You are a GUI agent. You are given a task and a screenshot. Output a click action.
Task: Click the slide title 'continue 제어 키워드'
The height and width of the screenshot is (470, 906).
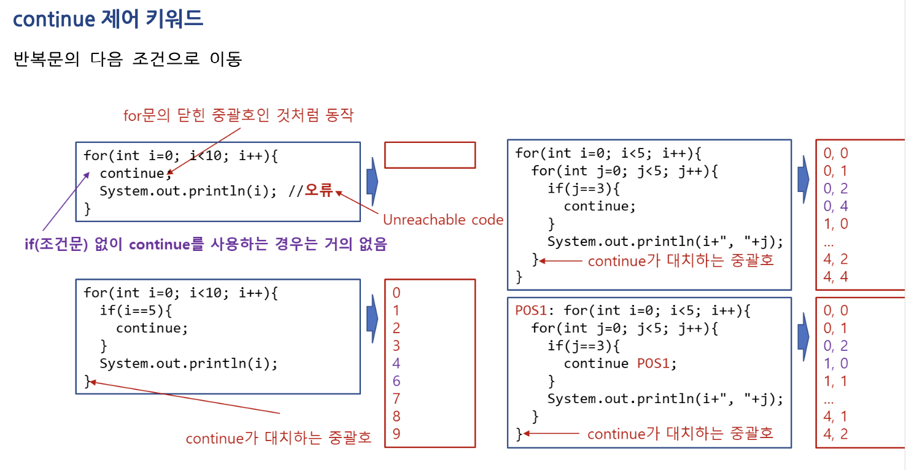coord(107,20)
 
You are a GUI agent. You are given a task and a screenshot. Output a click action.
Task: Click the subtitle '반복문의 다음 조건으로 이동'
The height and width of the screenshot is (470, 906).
coord(128,60)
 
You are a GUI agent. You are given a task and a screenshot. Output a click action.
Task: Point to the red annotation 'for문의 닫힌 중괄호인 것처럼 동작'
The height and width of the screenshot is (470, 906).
coord(238,115)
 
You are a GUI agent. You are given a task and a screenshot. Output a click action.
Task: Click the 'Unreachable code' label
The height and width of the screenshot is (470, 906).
coord(443,220)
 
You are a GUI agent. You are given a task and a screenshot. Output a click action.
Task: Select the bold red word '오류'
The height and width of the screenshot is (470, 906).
coord(319,191)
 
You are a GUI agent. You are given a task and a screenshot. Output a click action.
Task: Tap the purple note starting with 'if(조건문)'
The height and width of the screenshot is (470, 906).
coord(205,245)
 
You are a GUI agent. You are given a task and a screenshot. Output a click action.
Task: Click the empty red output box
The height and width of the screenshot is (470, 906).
coord(430,155)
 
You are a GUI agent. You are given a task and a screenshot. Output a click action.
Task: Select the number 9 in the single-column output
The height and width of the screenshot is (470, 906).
coord(397,434)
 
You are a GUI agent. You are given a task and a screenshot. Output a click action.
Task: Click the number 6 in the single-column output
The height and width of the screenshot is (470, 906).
coord(397,382)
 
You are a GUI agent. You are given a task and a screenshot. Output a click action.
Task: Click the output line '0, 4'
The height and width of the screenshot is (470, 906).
coord(835,206)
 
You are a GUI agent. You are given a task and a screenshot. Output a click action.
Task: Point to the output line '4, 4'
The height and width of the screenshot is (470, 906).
coord(835,277)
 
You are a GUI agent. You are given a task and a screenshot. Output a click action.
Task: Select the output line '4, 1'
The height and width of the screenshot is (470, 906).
coord(835,417)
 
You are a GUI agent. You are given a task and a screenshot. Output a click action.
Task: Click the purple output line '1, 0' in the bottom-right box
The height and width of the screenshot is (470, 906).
coord(835,364)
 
